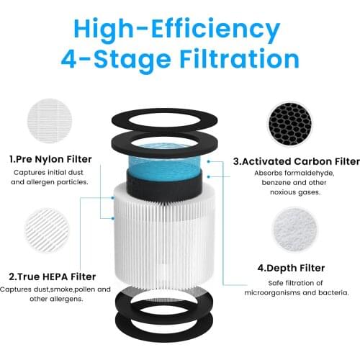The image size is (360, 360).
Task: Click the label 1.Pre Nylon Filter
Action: [50, 158]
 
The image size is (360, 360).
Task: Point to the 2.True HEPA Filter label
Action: [51, 275]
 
